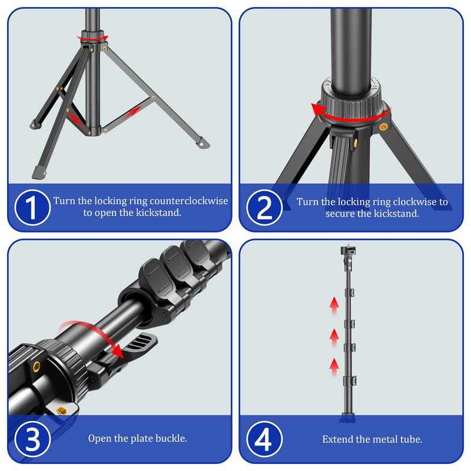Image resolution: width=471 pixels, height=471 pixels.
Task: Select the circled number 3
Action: click(31, 439)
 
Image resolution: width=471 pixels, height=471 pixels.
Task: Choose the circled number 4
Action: click(263, 439)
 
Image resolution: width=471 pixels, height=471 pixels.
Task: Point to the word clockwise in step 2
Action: click(419, 201)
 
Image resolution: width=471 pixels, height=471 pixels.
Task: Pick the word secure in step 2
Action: click(340, 214)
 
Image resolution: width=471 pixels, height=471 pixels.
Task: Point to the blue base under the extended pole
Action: click(346, 419)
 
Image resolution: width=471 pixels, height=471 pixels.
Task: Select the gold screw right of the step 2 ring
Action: click(384, 126)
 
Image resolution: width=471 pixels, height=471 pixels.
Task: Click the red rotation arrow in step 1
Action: click(95, 38)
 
